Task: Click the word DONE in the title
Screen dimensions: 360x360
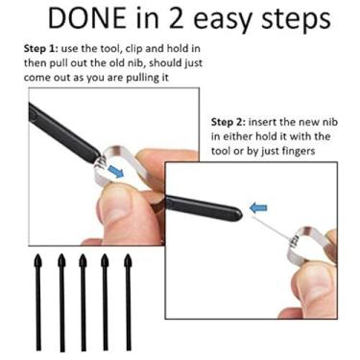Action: pyautogui.click(x=87, y=19)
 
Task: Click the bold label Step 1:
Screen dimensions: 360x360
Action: pyautogui.click(x=40, y=49)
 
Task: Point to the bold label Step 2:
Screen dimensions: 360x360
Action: pyautogui.click(x=228, y=123)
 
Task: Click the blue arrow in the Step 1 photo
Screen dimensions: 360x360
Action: pyautogui.click(x=115, y=171)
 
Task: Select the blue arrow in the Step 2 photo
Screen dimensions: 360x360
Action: pyautogui.click(x=258, y=207)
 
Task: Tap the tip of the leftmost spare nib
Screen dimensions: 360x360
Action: pyautogui.click(x=38, y=255)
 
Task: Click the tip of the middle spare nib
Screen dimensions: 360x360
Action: pyautogui.click(x=83, y=255)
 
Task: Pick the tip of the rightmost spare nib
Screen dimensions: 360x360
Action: pyautogui.click(x=128, y=255)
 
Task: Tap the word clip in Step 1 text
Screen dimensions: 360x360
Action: pyautogui.click(x=134, y=49)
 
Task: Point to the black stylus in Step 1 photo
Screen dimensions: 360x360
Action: pyautogui.click(x=62, y=132)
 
